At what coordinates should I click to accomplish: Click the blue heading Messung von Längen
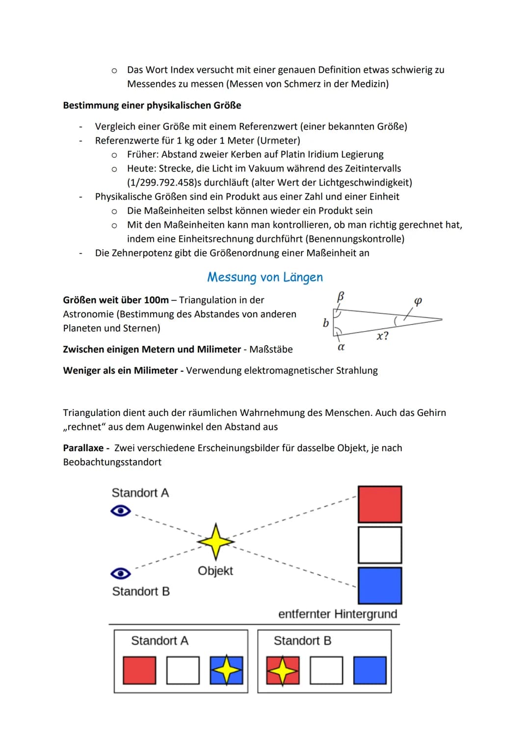[x=265, y=277]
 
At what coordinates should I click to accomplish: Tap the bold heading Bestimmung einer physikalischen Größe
[x=152, y=105]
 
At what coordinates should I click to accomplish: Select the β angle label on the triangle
[x=340, y=296]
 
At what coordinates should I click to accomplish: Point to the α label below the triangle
[x=341, y=347]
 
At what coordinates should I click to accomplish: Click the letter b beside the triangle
[x=325, y=323]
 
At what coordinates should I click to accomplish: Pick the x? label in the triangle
[x=382, y=336]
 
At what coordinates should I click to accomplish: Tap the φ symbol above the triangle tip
[x=418, y=301]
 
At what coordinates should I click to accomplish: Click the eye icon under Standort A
[x=121, y=511]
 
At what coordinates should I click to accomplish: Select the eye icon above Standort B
[x=121, y=573]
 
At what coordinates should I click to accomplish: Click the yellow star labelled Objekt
[x=215, y=542]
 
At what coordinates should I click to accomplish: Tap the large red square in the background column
[x=380, y=504]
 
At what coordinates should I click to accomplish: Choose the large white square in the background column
[x=380, y=545]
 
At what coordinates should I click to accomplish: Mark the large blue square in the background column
[x=380, y=585]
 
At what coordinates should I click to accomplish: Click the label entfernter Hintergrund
[x=338, y=614]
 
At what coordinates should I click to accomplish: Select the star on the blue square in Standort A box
[x=226, y=670]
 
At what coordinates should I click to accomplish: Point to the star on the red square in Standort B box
[x=283, y=671]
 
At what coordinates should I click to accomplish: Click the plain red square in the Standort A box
[x=139, y=671]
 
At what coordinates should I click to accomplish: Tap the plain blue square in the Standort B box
[x=370, y=671]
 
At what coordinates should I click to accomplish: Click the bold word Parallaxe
[x=83, y=448]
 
